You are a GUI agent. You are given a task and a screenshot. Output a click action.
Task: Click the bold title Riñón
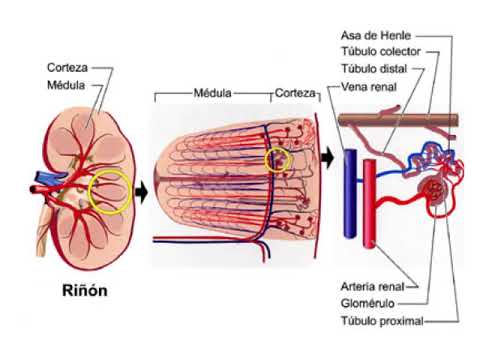coord(84,292)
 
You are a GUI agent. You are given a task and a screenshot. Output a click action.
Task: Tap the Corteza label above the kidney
coord(67,69)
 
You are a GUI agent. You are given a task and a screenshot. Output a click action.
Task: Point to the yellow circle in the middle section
coord(279,159)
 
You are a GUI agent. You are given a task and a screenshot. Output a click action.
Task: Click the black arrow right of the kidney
coord(141,190)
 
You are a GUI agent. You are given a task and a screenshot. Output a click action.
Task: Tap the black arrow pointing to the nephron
coord(327,158)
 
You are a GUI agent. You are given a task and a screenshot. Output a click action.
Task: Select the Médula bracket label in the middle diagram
coord(212,92)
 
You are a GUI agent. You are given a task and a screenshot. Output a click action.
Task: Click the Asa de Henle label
coord(376,36)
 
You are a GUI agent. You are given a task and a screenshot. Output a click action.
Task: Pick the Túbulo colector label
coord(381,52)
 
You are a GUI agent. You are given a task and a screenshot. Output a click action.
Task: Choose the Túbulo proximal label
coord(381,321)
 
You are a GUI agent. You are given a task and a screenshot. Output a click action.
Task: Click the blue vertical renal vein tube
coord(350,194)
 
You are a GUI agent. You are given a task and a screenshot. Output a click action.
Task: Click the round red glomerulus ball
coord(435,189)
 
